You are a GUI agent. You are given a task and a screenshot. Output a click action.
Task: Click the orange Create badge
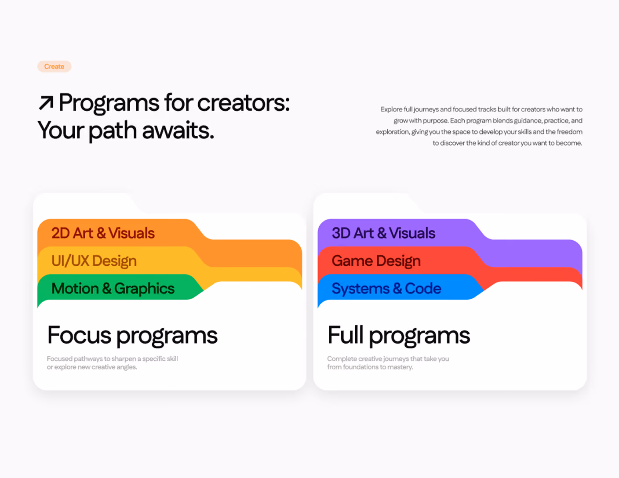coord(54,66)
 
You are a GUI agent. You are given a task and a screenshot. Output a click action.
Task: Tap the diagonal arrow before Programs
coord(46,103)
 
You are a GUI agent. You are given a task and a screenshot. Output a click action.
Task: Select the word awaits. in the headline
coord(178,130)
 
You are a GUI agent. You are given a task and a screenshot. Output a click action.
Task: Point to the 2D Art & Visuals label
coord(103,233)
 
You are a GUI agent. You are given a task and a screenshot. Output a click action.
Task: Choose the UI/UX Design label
coord(94,261)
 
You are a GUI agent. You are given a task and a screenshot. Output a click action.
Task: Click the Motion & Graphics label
coord(113,288)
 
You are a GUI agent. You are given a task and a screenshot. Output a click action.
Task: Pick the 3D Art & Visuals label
coord(383,233)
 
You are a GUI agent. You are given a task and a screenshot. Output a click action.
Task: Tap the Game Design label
coord(376,261)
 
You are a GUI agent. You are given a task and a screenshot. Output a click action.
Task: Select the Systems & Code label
coord(386,288)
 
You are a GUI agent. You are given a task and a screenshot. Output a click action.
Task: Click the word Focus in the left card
coord(79,335)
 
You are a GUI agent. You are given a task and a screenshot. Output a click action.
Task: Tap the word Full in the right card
coord(346,334)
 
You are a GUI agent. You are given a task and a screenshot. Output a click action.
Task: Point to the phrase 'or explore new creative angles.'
coord(92,367)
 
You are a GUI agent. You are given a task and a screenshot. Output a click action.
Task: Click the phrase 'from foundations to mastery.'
coord(370,367)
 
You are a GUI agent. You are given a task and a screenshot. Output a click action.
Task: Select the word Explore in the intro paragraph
coord(391,109)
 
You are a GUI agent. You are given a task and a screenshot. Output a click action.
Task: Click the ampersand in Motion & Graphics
coord(106,288)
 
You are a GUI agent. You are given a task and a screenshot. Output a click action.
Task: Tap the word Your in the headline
coord(61,130)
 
